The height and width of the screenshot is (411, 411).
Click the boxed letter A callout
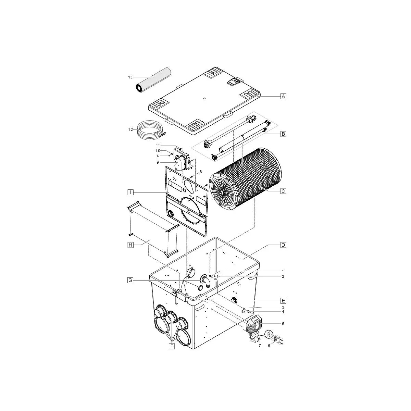pyautogui.click(x=283, y=96)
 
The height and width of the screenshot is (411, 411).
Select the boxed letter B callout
pyautogui.click(x=283, y=134)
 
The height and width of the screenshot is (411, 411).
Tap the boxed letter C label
pyautogui.click(x=283, y=191)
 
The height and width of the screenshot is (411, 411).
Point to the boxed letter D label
pyautogui.click(x=283, y=245)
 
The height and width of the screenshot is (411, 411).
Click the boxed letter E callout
pyautogui.click(x=283, y=301)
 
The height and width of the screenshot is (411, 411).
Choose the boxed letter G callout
pyautogui.click(x=130, y=280)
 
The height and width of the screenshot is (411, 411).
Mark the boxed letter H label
pyautogui.click(x=130, y=245)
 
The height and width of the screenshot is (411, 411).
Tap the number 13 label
pyautogui.click(x=130, y=77)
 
